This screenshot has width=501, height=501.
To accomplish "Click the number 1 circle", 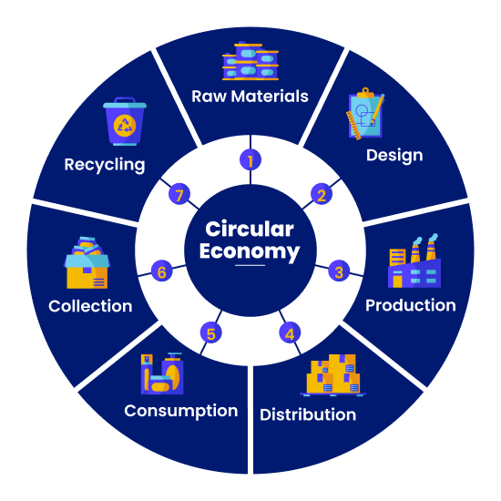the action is pyautogui.click(x=250, y=160).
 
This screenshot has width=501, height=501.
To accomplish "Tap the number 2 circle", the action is pyautogui.click(x=322, y=194).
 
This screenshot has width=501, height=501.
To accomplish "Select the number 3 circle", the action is pyautogui.click(x=339, y=271).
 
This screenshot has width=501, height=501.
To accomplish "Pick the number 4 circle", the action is pyautogui.click(x=290, y=333).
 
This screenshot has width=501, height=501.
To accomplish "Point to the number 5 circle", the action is pyautogui.click(x=211, y=333).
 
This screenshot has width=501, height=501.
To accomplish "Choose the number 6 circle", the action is pyautogui.click(x=161, y=271).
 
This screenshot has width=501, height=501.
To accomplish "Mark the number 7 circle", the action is pyautogui.click(x=179, y=194).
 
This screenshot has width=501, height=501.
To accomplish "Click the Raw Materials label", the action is pyautogui.click(x=250, y=97).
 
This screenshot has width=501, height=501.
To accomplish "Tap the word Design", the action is pyautogui.click(x=394, y=156).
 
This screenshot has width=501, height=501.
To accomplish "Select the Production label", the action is pyautogui.click(x=411, y=305).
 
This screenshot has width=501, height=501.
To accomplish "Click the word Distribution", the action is pyautogui.click(x=308, y=414).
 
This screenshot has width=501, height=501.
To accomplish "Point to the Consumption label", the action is pyautogui.click(x=181, y=411).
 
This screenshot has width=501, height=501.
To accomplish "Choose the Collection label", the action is pyautogui.click(x=90, y=306).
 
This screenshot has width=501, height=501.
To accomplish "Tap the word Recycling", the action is pyautogui.click(x=105, y=165).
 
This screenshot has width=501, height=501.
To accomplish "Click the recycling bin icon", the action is pyautogui.click(x=125, y=121).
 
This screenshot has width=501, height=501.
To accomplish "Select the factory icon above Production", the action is pyautogui.click(x=414, y=261).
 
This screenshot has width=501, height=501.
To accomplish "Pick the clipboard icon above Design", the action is pyautogui.click(x=365, y=114).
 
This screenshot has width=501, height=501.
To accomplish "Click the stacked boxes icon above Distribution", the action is pyautogui.click(x=332, y=374).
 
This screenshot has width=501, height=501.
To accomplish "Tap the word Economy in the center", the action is pyautogui.click(x=250, y=251).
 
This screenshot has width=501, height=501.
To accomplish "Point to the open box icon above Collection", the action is pyautogui.click(x=87, y=262).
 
